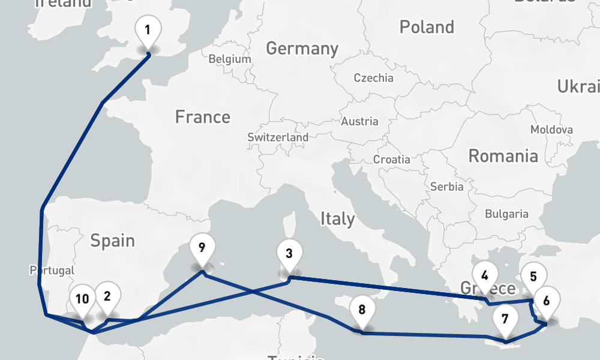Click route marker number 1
pos(148,29)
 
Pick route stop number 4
pos(485,277)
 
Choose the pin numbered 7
pos(505,319)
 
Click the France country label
pos(202,116)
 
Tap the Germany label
pos(302,48)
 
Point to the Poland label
pos(427,27)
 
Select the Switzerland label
pos(278,137)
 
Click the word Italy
pos(337,218)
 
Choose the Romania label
pos(503,157)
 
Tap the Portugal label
pos(52,271)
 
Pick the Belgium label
pos(230,59)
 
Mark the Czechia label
pos(373,78)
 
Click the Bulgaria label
pos(506,214)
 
